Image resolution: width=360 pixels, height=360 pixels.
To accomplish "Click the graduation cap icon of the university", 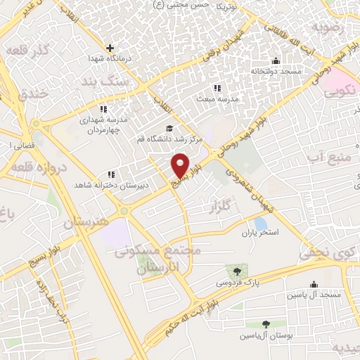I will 168,128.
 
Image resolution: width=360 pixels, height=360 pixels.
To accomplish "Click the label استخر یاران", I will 261,232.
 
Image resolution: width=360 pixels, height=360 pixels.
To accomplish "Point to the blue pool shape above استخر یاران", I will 260,224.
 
